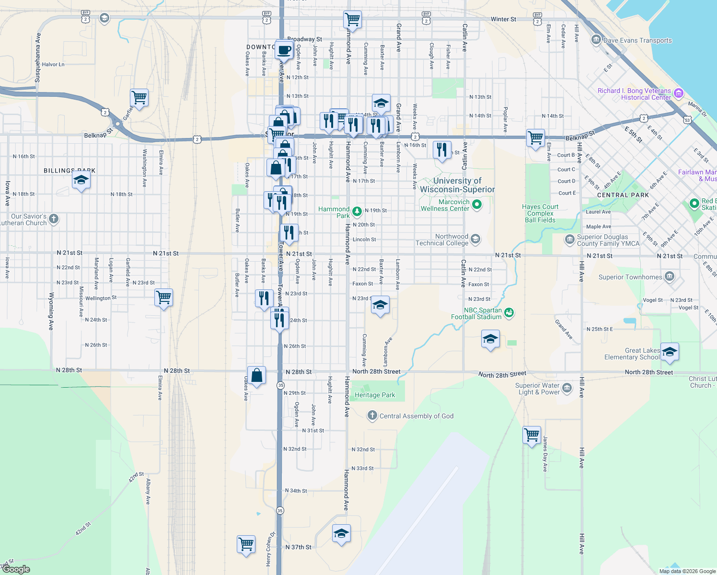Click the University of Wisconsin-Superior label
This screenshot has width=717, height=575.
click(x=457, y=185)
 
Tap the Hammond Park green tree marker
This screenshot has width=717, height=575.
click(x=357, y=211)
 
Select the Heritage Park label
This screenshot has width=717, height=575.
click(x=375, y=395)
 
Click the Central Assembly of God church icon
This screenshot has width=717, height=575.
click(x=372, y=415)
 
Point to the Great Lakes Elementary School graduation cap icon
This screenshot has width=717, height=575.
click(x=670, y=352)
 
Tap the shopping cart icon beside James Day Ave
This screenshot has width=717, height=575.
click(x=532, y=435)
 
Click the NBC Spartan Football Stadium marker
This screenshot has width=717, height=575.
click(x=509, y=313)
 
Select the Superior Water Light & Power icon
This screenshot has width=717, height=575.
click(x=567, y=388)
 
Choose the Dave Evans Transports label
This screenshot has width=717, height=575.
click(x=637, y=41)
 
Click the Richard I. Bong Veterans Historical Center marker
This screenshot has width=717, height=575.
click(x=678, y=93)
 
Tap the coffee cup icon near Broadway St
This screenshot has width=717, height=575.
click(x=284, y=50)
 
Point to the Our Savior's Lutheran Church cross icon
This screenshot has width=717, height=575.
click(x=54, y=219)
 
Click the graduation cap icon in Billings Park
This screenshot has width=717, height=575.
click(x=81, y=181)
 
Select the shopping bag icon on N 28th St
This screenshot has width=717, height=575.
click(x=256, y=375)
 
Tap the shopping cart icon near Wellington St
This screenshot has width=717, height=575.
click(x=164, y=298)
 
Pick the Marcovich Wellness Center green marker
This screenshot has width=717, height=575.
click(x=476, y=205)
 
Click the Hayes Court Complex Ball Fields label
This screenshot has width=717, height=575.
click(x=540, y=213)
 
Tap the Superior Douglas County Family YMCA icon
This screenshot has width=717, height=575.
click(x=569, y=240)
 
